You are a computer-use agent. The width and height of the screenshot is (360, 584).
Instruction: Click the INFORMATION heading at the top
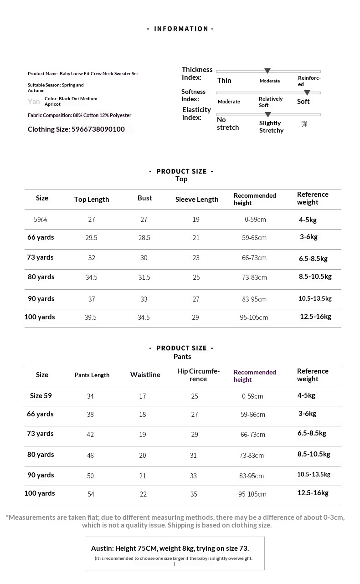point(181,29)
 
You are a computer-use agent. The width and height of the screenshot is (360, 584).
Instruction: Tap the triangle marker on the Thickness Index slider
point(267,71)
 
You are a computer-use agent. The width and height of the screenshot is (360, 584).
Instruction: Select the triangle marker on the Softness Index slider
point(307,92)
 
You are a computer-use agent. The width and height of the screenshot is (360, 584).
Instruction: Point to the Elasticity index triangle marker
point(268,114)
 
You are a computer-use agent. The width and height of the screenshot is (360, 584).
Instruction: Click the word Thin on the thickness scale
point(224,81)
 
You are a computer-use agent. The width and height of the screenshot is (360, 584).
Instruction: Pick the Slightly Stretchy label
point(271,127)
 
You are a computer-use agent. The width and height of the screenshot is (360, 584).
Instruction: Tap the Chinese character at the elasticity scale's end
point(304,124)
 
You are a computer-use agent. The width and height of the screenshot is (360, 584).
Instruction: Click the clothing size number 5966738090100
point(98,129)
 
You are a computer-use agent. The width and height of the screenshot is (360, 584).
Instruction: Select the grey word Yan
point(34,102)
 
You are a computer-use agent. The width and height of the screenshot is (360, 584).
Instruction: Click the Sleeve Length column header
point(197,200)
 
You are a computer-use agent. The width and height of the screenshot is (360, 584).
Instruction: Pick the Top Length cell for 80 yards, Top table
point(92,277)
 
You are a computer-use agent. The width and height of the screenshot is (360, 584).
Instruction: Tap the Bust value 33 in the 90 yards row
point(144,299)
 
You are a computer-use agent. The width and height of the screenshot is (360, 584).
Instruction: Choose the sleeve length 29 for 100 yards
point(195,318)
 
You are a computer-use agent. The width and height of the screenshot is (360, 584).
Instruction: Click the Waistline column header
point(145,375)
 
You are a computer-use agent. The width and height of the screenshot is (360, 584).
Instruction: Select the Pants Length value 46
point(90,455)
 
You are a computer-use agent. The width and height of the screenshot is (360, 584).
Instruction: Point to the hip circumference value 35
point(194,494)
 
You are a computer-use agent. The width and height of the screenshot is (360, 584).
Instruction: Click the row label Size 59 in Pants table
point(41,396)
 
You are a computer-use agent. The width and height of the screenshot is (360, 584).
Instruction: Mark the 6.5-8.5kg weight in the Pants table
point(312,434)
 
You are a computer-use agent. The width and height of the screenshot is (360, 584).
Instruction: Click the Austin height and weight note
point(170,548)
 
